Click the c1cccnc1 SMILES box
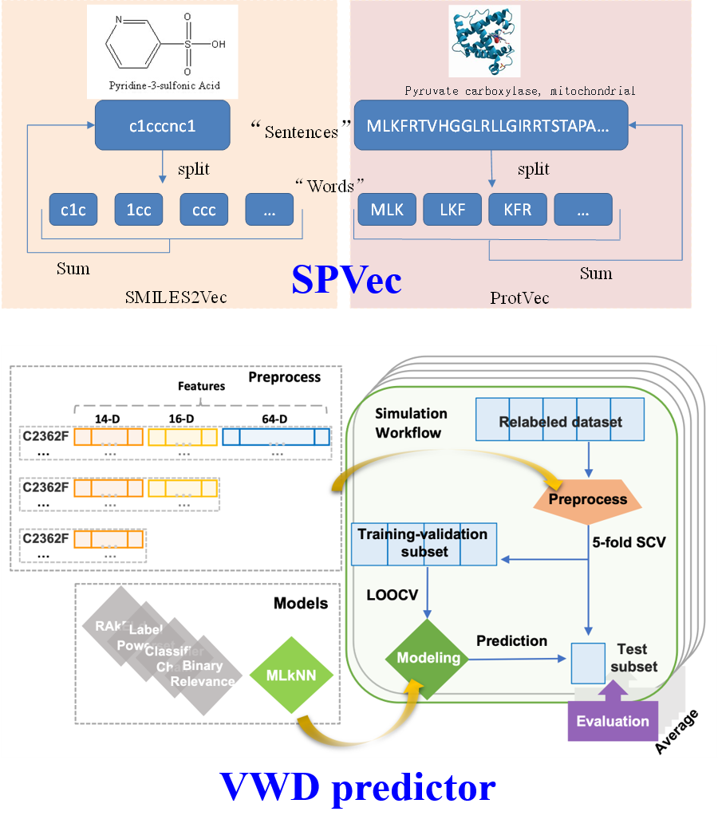[162, 125]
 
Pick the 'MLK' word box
[387, 211]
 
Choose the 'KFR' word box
[518, 211]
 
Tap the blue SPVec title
[346, 279]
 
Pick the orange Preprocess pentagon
[586, 499]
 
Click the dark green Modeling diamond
[428, 658]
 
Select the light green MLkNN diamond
[294, 675]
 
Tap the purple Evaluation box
[613, 721]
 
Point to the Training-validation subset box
[424, 542]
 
